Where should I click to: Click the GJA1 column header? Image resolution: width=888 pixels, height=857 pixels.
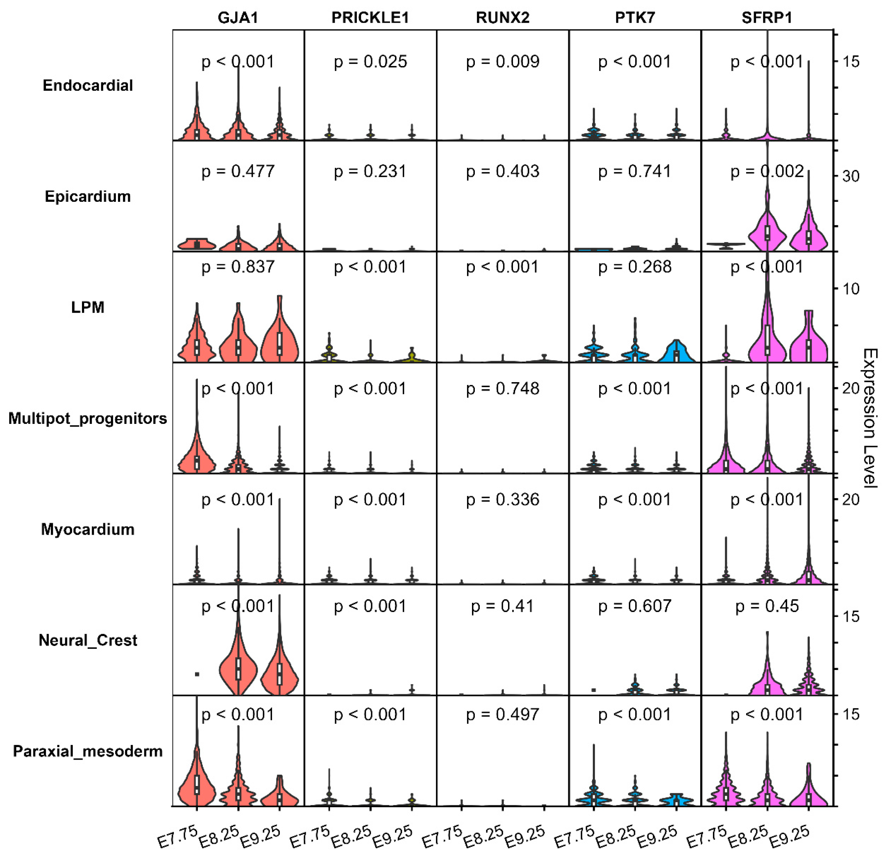click(x=238, y=18)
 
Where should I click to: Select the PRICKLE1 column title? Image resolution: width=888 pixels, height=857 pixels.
click(x=370, y=18)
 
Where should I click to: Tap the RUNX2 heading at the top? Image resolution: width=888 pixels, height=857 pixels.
click(x=502, y=18)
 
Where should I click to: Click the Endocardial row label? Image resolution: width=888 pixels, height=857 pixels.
click(x=88, y=86)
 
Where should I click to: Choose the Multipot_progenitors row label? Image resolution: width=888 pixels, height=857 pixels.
click(x=88, y=418)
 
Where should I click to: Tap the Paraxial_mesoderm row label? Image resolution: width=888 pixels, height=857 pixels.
click(x=88, y=751)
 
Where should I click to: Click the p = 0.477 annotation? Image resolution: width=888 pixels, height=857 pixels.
click(x=238, y=172)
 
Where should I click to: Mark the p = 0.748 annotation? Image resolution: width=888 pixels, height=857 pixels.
click(x=502, y=389)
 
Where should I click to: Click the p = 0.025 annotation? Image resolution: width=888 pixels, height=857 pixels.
click(x=370, y=62)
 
